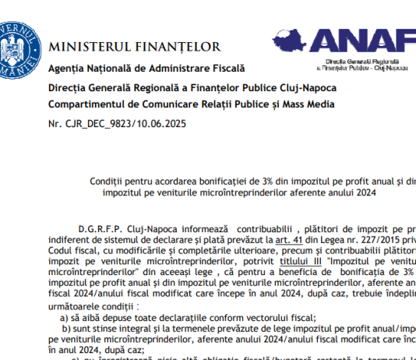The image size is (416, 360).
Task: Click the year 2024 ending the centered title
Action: click(x=358, y=193)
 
